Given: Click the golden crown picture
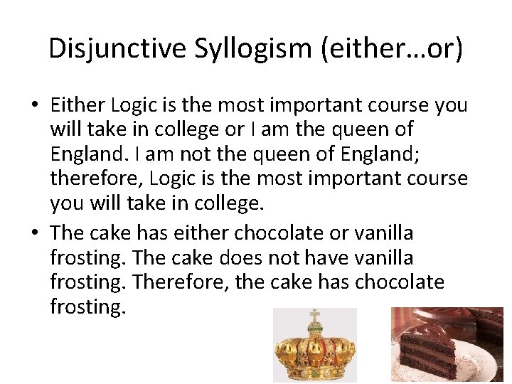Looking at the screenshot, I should [x=314, y=346].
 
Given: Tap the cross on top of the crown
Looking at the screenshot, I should [x=314, y=314].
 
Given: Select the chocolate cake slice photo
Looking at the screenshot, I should [x=447, y=345].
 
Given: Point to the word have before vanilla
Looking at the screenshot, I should [x=321, y=257].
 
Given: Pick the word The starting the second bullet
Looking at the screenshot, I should [x=68, y=233].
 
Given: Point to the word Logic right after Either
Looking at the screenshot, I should [x=135, y=105].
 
